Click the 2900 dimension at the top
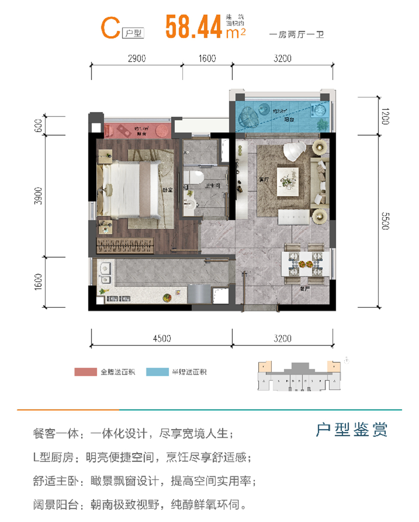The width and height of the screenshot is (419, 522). [x=136, y=58]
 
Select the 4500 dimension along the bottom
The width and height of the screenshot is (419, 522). [x=162, y=338]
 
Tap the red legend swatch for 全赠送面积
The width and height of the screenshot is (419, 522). [x=85, y=372]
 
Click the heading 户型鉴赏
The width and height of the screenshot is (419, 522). [x=352, y=430]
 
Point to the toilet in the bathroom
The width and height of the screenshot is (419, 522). [x=195, y=178]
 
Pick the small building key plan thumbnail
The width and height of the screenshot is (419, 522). [x=297, y=376]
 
